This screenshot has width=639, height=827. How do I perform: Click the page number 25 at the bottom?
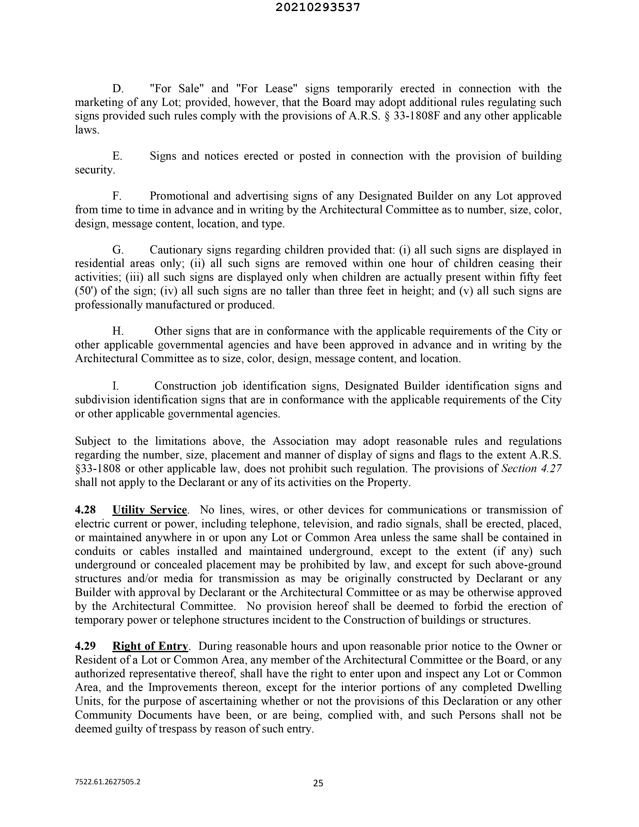pyautogui.click(x=318, y=783)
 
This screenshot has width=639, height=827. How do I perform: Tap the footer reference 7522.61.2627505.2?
pyautogui.click(x=108, y=782)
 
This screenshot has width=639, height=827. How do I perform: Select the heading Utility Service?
pyautogui.click(x=150, y=510)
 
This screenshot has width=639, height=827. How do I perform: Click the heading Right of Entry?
pyautogui.click(x=150, y=646)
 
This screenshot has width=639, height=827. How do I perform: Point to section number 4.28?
pyautogui.click(x=85, y=510)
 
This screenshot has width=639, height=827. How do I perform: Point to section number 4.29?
pyautogui.click(x=85, y=646)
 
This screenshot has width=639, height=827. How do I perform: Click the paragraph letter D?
pyautogui.click(x=118, y=89)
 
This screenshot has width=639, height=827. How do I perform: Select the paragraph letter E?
pyautogui.click(x=117, y=156)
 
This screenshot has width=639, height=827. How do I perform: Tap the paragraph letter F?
pyautogui.click(x=117, y=196)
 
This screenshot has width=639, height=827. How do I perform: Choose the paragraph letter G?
pyautogui.click(x=118, y=250)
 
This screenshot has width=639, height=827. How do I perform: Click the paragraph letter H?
pyautogui.click(x=118, y=331)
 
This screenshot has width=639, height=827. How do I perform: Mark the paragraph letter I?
pyautogui.click(x=116, y=386)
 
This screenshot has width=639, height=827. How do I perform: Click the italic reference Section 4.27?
pyautogui.click(x=531, y=469)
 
